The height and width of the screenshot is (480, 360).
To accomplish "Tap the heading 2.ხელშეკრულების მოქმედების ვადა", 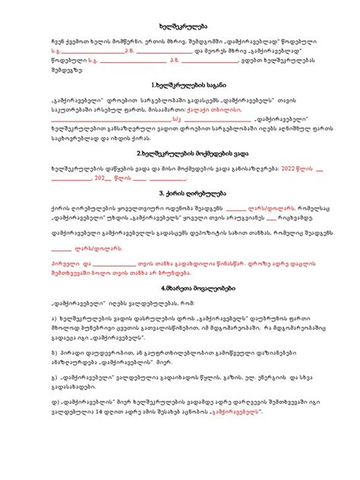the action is click(x=179, y=152).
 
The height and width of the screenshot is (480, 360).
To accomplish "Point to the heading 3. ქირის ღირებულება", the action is click(x=179, y=193).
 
